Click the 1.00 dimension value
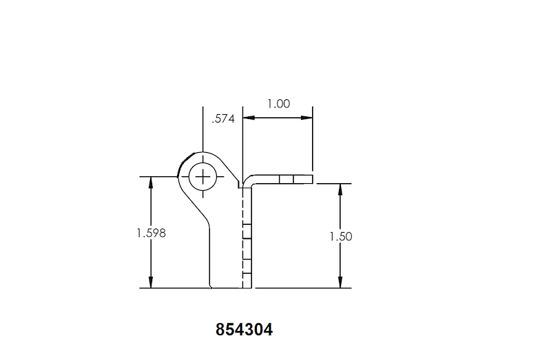pyautogui.click(x=279, y=104)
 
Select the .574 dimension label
pyautogui.click(x=224, y=118)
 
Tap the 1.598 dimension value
pyautogui.click(x=152, y=233)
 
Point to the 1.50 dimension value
pyautogui.click(x=341, y=236)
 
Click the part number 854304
pyautogui.click(x=245, y=330)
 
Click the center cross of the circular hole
pyautogui.click(x=202, y=177)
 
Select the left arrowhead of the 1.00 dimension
pyautogui.click(x=248, y=118)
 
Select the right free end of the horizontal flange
pyautogui.click(x=312, y=179)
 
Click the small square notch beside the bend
pyautogui.click(x=240, y=184)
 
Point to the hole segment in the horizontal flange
pyautogui.click(x=287, y=179)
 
